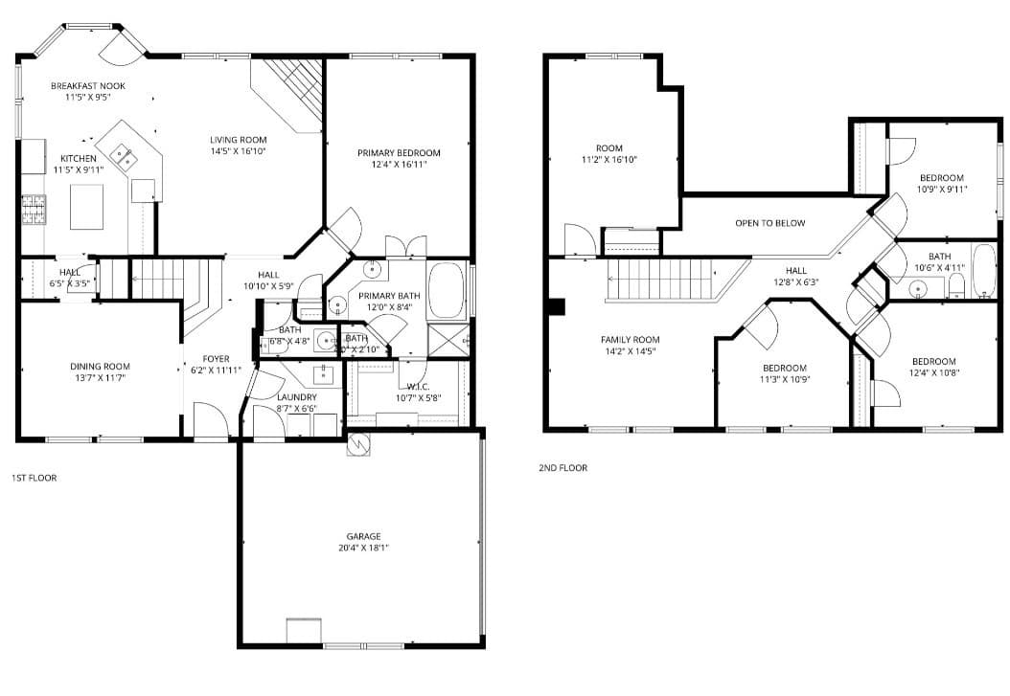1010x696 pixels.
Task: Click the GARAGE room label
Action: pos(363,536)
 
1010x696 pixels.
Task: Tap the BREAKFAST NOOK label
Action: pos(88,86)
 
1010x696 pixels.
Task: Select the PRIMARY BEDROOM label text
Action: pos(399,153)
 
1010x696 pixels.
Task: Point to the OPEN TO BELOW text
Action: pos(770,223)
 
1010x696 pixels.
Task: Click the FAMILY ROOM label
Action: pos(630,340)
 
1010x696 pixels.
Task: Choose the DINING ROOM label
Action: pos(100,367)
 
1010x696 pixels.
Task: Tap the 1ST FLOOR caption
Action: pos(34,477)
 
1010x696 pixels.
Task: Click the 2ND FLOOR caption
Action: pos(563,468)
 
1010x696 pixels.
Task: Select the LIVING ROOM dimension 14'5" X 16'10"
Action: pos(239,150)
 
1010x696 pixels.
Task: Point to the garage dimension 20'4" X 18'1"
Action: pos(363,548)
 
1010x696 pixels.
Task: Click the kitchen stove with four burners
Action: pos(34,209)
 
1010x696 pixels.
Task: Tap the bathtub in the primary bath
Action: pos(446,289)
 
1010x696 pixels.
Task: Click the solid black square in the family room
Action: pos(557,307)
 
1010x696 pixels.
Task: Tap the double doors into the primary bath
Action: pos(406,247)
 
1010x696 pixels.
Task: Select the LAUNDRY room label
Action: pos(296,397)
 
